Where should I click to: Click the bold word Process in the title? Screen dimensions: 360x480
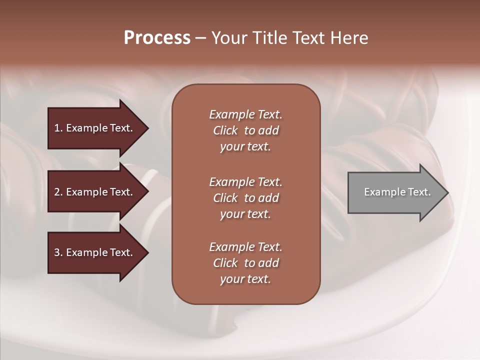point(157,38)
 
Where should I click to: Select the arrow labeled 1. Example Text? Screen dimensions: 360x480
point(95,128)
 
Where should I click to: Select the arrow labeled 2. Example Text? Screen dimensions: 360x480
point(95,192)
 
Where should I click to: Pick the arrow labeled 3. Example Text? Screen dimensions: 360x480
point(95,252)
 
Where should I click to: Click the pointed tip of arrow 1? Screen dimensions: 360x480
point(147,128)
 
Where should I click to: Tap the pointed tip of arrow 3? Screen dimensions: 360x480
point(147,252)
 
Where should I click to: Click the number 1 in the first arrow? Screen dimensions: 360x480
point(56,128)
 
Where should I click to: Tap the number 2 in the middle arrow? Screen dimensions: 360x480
point(57,192)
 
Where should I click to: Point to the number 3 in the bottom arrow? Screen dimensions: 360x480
point(57,252)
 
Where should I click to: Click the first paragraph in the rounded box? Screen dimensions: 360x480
point(245,130)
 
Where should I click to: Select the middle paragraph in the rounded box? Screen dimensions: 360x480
point(245,198)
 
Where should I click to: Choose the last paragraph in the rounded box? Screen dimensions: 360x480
point(245,263)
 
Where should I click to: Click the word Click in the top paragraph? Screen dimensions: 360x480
point(225,130)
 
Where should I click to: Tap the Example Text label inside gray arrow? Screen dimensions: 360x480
point(397,192)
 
